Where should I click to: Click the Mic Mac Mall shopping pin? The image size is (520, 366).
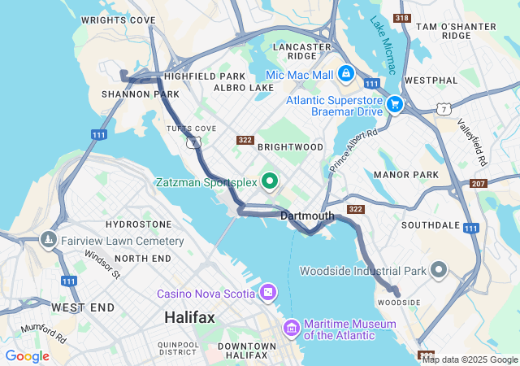click(x=346, y=73)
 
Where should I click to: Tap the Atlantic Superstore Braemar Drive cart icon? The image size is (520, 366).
click(x=395, y=103)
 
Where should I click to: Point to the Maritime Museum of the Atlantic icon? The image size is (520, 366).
click(x=291, y=328)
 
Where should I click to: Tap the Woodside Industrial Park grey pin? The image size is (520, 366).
click(x=440, y=270)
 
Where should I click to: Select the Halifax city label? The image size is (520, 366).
click(x=189, y=317)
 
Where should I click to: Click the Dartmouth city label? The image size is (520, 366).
click(x=307, y=216)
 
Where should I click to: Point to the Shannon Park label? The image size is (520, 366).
click(x=128, y=94)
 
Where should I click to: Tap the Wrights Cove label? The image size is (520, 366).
click(x=119, y=19)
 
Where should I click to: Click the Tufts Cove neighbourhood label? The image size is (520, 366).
click(x=191, y=129)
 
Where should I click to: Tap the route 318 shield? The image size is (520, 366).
click(x=401, y=18)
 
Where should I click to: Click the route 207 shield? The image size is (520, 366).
click(x=479, y=183)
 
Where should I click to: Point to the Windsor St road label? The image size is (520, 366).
click(x=102, y=264)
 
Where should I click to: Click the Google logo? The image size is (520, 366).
click(x=27, y=356)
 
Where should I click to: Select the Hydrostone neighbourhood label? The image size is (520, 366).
click(x=139, y=224)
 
